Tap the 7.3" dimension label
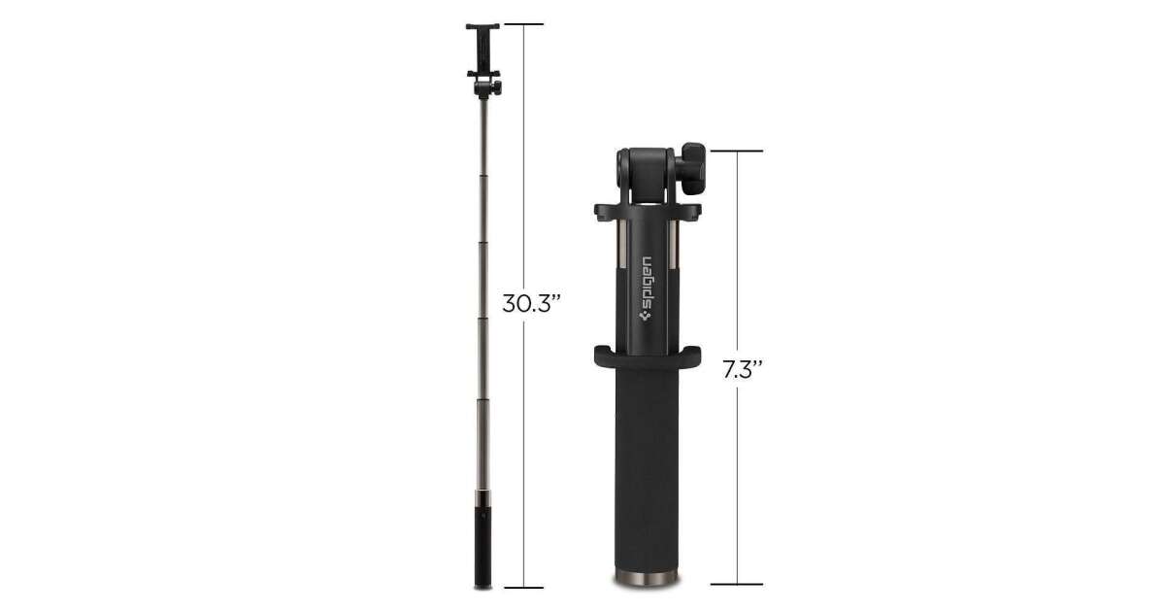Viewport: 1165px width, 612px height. pos(742,369)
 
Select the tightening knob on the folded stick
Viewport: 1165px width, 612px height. pos(693,169)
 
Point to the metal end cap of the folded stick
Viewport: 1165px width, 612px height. pos(647,578)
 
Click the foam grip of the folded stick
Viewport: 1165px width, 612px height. pos(647,468)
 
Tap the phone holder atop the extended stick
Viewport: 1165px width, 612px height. pos(483,51)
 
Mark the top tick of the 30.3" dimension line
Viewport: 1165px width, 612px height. pos(523,24)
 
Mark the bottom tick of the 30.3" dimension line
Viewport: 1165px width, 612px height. pos(523,588)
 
